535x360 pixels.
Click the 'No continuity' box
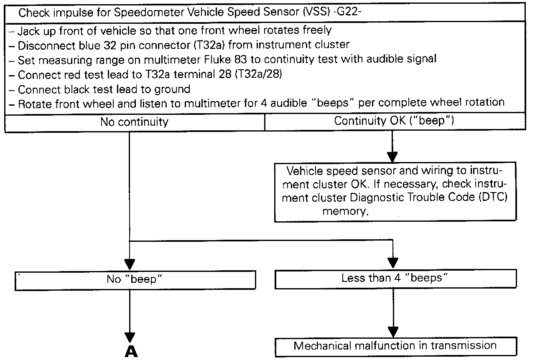coord(134,122)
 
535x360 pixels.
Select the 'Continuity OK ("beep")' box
coord(395,122)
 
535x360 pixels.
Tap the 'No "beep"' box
coord(134,279)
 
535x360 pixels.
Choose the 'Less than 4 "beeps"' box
coord(395,279)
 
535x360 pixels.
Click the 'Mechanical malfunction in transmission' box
coord(395,346)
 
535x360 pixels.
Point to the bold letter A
coord(131,352)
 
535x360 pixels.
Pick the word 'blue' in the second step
coord(90,45)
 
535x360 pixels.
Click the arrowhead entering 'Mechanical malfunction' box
coord(393,332)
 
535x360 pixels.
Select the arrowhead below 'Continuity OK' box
coord(392,157)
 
